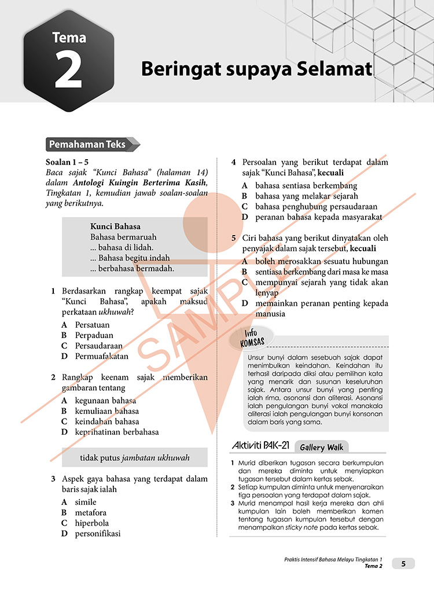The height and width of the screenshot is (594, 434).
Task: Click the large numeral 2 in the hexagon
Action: coord(69,72)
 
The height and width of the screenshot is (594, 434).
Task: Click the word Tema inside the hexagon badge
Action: coord(69,38)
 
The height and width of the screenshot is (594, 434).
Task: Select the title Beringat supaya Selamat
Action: coord(256,69)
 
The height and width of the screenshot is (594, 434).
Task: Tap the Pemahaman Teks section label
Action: coord(87,145)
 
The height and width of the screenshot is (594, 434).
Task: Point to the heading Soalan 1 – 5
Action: coord(67,162)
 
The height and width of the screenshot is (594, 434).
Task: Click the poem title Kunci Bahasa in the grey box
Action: coord(116,226)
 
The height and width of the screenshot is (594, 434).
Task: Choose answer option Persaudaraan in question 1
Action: coord(98,346)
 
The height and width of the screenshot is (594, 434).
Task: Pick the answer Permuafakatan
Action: coord(102,356)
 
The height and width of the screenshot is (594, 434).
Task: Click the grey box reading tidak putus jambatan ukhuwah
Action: coord(135,458)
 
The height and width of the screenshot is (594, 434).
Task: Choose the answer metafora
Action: coord(91,512)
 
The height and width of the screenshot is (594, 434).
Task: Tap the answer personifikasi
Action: coord(98,533)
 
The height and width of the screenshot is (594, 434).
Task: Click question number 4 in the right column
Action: coord(233,163)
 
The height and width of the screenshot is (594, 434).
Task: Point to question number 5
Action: coord(233,238)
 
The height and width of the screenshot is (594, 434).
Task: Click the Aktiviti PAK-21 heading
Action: coord(260,446)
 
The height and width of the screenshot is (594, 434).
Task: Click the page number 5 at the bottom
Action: coord(404,563)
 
